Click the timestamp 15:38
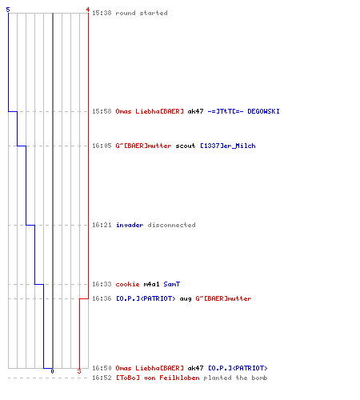click(x=102, y=13)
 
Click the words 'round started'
click(x=142, y=13)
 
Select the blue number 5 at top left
click(x=8, y=10)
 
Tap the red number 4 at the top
click(x=88, y=10)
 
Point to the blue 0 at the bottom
click(x=52, y=371)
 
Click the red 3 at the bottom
click(x=79, y=371)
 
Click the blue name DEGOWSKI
click(x=263, y=111)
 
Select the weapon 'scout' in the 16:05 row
click(x=186, y=146)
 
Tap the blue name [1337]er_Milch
click(x=228, y=146)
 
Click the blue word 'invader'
click(x=130, y=225)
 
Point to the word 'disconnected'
click(x=171, y=225)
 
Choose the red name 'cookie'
click(x=127, y=284)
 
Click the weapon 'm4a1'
click(x=151, y=284)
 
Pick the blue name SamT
click(x=172, y=284)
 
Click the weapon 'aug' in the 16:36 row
click(x=186, y=298)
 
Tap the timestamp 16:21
click(x=102, y=225)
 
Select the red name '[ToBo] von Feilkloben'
click(x=158, y=378)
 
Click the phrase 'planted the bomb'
click(x=235, y=378)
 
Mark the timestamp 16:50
click(x=102, y=368)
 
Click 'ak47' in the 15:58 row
click(x=195, y=111)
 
